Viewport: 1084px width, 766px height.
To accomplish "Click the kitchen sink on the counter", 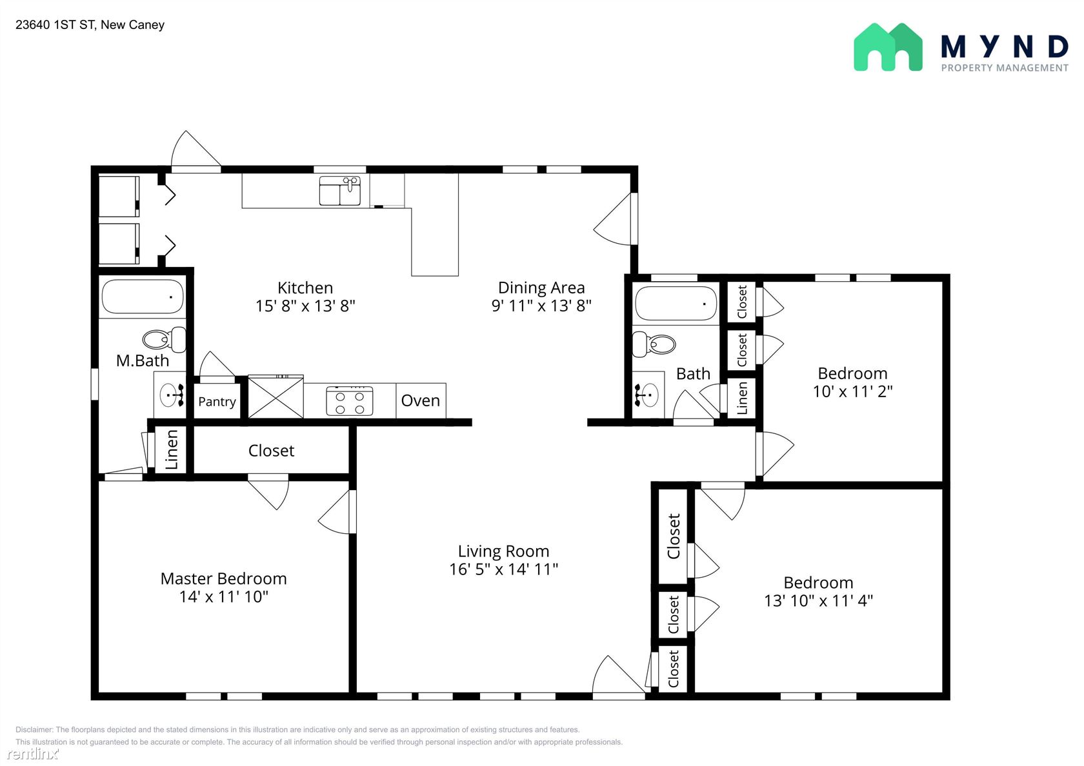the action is coord(339,191).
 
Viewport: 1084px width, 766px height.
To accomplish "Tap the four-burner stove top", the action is coord(350,401).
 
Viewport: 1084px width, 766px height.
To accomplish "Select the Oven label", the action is coord(421,401).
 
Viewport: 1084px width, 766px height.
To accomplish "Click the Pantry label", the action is coord(217,402).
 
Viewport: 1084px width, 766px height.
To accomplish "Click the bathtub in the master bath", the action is coord(142,297).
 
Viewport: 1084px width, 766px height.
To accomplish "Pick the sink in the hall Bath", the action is coord(648,396).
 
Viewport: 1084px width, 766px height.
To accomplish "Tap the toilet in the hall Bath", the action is coord(654,344).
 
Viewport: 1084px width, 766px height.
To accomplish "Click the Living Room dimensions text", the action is coord(503,569).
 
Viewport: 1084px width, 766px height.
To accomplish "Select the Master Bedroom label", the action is coord(223,578).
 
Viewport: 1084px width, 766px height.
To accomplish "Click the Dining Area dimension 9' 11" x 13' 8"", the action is coord(541,306).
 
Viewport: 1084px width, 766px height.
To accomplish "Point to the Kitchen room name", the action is coord(305,288).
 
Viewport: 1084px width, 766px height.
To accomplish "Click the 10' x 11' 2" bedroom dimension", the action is coord(853,391).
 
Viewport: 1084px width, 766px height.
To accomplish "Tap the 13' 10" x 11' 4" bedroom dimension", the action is coord(818,601).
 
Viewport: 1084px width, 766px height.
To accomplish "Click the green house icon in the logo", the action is coord(888,47).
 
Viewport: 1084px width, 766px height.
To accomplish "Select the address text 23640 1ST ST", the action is coord(55,25).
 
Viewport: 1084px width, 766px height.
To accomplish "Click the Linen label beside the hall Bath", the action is coord(742,398).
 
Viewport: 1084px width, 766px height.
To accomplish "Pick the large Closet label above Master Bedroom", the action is coord(271,451).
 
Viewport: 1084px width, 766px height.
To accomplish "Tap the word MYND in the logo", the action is coord(1005,47).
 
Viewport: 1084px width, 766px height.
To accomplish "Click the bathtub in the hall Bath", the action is coord(676,303).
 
